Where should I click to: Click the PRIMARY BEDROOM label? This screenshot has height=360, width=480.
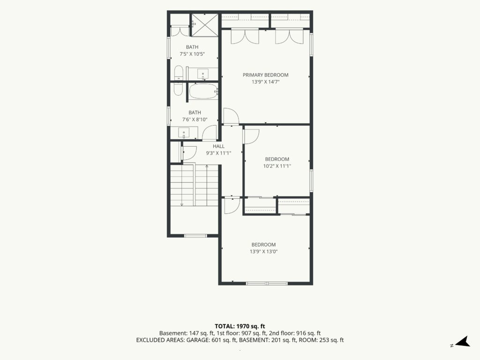265,75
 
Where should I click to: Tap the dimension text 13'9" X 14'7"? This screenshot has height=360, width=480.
265,82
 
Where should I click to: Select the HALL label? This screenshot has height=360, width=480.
218,146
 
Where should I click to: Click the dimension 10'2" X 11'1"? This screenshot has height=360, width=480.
277,166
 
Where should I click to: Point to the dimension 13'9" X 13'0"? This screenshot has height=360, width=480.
263,252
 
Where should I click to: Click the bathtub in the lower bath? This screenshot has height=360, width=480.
203,91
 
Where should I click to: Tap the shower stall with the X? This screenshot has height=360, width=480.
205,25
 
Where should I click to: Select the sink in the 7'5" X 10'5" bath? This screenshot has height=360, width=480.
202,74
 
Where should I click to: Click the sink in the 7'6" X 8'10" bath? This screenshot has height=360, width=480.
184,133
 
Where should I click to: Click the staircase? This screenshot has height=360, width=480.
195,185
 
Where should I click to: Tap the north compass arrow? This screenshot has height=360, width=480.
463,342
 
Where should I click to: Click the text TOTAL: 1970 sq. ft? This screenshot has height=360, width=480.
240,326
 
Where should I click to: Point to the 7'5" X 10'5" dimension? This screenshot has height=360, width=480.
192,54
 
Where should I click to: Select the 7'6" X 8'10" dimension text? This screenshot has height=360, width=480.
195,120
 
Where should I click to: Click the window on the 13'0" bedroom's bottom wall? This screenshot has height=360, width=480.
267,283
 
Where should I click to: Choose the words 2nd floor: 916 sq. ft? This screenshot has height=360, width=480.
295,333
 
